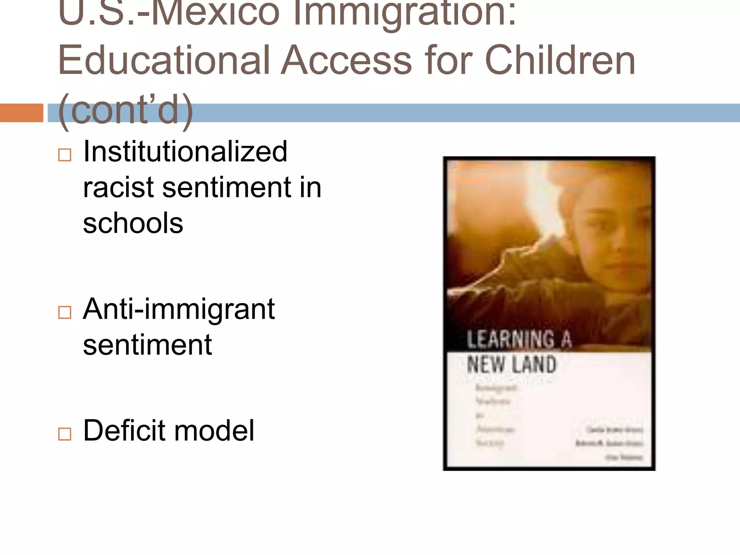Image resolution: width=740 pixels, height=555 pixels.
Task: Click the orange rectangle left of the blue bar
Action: [x=21, y=113]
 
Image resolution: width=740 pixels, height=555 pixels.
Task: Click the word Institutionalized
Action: [x=185, y=152]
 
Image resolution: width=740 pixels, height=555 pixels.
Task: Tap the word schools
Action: [x=133, y=223]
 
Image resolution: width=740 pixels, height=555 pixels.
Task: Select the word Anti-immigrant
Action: [x=179, y=309]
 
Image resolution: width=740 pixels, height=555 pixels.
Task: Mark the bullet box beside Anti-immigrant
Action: [x=65, y=312]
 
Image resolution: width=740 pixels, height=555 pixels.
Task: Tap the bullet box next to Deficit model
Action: [x=65, y=434]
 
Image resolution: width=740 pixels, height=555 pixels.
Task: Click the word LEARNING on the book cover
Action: [x=511, y=340]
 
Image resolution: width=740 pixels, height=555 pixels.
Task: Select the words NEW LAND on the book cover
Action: [x=511, y=364]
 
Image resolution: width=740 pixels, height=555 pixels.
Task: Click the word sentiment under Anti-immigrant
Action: [x=147, y=345]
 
